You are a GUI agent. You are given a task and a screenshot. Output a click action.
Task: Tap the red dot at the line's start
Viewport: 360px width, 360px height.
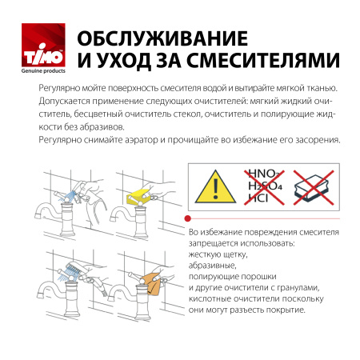click(187, 217)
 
